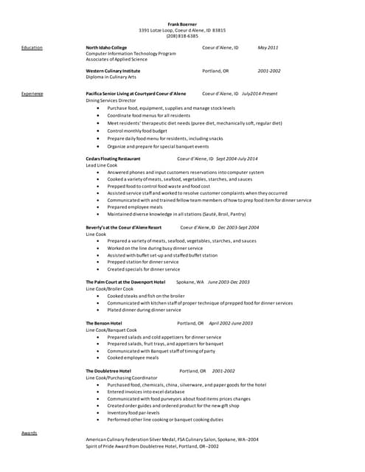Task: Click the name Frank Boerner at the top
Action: click(x=182, y=24)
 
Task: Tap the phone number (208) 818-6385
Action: click(x=182, y=35)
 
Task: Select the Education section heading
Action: click(x=32, y=47)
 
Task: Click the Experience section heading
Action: click(x=32, y=94)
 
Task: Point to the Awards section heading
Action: click(x=29, y=433)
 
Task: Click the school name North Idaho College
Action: click(x=111, y=47)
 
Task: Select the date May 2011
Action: click(x=268, y=47)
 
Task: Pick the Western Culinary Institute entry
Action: click(x=113, y=71)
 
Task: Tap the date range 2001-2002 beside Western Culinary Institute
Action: click(x=269, y=71)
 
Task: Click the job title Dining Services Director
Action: click(x=111, y=100)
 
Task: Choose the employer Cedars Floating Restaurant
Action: click(x=113, y=159)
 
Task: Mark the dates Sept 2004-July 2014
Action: click(x=237, y=159)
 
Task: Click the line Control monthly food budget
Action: click(x=136, y=130)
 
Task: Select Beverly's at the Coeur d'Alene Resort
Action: click(x=123, y=228)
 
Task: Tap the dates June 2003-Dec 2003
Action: click(x=229, y=282)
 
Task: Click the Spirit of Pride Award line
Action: click(x=152, y=446)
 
